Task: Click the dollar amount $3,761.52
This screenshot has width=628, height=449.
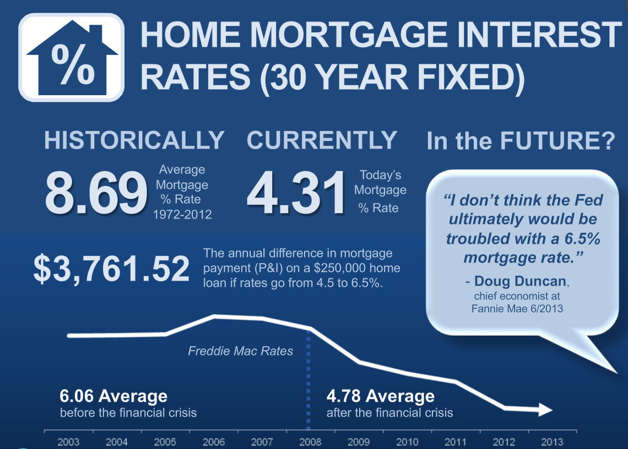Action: tap(111, 269)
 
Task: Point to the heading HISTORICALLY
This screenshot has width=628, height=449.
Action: tap(134, 140)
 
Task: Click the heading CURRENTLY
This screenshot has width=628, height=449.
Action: tap(322, 140)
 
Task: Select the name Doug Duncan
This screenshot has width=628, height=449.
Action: tap(520, 281)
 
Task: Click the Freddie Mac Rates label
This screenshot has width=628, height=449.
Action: tap(240, 351)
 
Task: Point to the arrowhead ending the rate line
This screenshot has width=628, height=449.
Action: tap(545, 410)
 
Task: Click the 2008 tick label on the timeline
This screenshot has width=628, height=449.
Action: tap(310, 442)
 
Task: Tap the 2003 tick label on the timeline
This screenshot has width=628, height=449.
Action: tap(68, 442)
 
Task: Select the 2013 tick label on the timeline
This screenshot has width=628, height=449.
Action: tap(552, 442)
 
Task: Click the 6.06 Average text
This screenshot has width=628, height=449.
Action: tap(113, 396)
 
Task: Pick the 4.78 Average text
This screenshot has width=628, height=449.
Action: tap(381, 396)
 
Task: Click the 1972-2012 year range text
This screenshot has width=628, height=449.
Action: tap(182, 215)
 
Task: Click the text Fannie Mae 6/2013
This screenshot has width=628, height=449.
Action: tap(517, 309)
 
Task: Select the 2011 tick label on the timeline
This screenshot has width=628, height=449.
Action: tap(456, 442)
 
